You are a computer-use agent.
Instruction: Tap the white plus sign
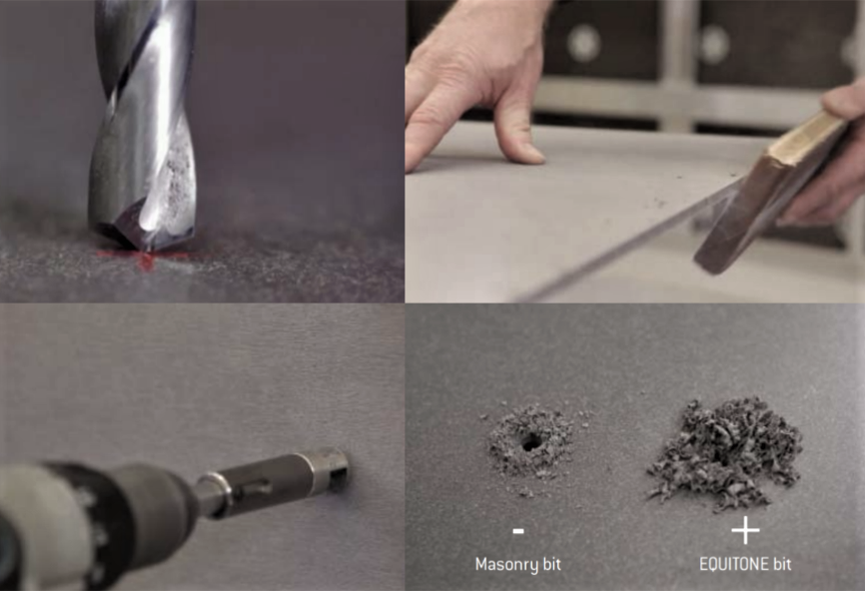click(745, 531)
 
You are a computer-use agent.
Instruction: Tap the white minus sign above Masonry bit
click(518, 531)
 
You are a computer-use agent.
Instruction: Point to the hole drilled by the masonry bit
click(531, 441)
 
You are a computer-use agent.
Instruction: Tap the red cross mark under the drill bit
click(146, 257)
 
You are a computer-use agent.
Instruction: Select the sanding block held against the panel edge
click(772, 193)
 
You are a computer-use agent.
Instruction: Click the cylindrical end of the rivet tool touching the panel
click(331, 466)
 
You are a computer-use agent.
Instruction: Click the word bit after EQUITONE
click(782, 564)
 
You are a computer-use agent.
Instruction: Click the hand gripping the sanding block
click(827, 155)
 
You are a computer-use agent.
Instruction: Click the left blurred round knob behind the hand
click(583, 43)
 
